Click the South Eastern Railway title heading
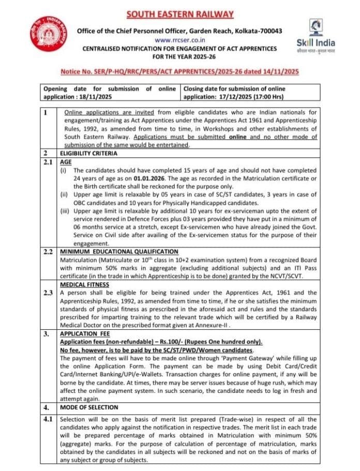pyautogui.click(x=181, y=14)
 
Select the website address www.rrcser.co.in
pyautogui.click(x=179, y=40)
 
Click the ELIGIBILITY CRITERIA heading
pyautogui.click(x=87, y=153)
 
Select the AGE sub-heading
pyautogui.click(x=66, y=161)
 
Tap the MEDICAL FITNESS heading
pyautogui.click(x=84, y=285)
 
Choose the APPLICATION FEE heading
pyautogui.click(x=85, y=334)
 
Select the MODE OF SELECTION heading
pyautogui.click(x=89, y=407)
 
